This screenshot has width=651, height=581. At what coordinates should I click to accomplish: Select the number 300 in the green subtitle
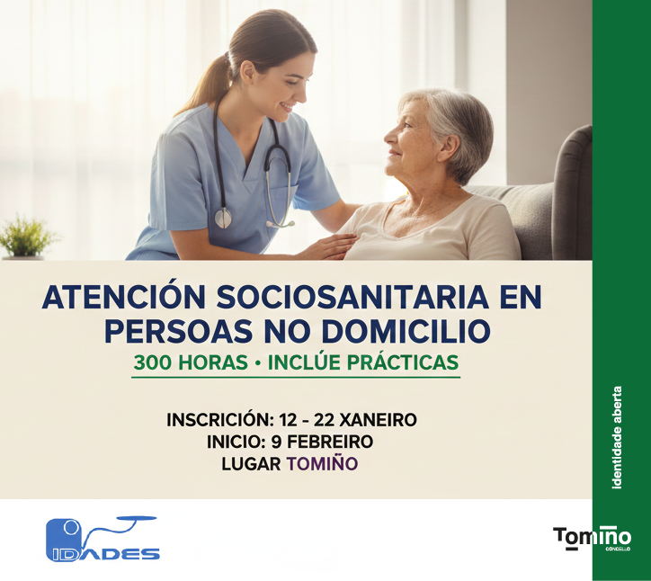click(151, 362)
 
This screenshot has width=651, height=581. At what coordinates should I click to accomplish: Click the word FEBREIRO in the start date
click(327, 442)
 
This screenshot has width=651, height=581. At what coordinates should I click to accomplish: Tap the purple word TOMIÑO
click(322, 464)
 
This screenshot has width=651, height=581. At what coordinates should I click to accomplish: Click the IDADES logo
click(102, 539)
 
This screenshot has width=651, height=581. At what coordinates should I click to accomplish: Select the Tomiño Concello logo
click(592, 538)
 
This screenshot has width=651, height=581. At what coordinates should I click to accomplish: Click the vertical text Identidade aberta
click(617, 438)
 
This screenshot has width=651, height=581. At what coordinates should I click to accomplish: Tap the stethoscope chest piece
click(223, 218)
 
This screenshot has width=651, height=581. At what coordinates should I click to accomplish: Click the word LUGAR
click(251, 464)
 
